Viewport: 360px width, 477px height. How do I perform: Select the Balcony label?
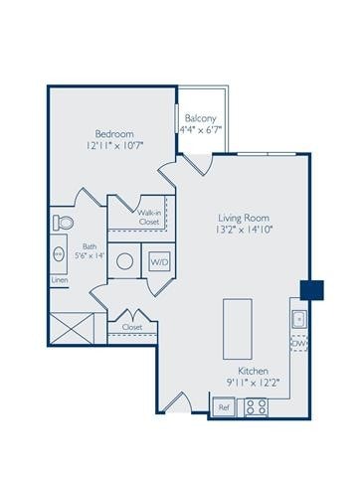click(200, 116)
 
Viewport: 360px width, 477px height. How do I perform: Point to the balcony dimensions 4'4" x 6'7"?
click(200, 129)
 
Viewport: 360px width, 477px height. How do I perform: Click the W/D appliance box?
click(159, 261)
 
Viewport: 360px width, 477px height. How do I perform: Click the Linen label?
click(60, 280)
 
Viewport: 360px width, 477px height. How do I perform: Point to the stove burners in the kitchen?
click(256, 406)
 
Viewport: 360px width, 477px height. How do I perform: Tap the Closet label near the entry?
click(132, 326)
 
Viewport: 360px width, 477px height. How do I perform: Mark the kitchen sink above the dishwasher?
click(296, 319)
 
